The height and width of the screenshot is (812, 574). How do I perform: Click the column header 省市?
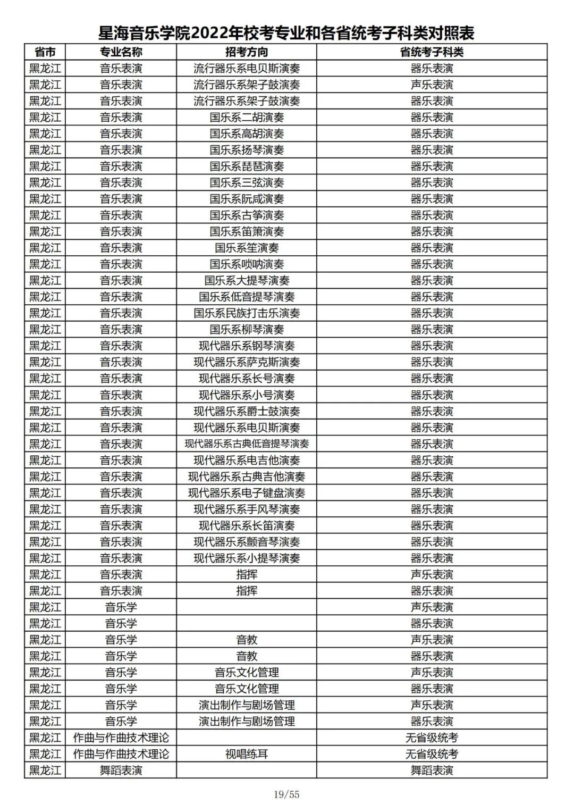[45, 52]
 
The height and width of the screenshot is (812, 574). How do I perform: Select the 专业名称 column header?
[121, 52]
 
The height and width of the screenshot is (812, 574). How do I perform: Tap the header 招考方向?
[247, 52]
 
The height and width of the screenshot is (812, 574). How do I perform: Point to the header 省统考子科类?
[432, 52]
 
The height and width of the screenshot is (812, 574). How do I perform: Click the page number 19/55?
[286, 794]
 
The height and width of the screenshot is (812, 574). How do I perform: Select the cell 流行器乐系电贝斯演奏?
[247, 69]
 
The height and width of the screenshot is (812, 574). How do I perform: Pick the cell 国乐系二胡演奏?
[247, 118]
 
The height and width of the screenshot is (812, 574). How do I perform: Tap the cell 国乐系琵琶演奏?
[247, 166]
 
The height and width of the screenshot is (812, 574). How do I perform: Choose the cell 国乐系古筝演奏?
[247, 215]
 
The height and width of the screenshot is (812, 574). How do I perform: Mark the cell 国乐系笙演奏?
[247, 248]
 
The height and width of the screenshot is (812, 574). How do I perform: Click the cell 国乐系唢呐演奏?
[247, 264]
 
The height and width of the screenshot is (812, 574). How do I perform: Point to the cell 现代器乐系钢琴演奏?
[247, 346]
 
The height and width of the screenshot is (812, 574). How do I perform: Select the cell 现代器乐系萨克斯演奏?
[247, 362]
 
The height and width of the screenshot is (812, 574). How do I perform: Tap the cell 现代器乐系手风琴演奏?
[247, 509]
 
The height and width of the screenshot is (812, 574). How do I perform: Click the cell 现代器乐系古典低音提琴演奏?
[247, 444]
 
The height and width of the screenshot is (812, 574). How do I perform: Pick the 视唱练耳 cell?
[247, 754]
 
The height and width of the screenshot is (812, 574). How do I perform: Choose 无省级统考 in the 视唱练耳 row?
[432, 754]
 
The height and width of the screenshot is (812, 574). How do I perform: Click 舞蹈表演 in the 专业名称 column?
[121, 771]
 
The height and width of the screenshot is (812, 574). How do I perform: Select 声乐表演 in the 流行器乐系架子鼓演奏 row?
[432, 85]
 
